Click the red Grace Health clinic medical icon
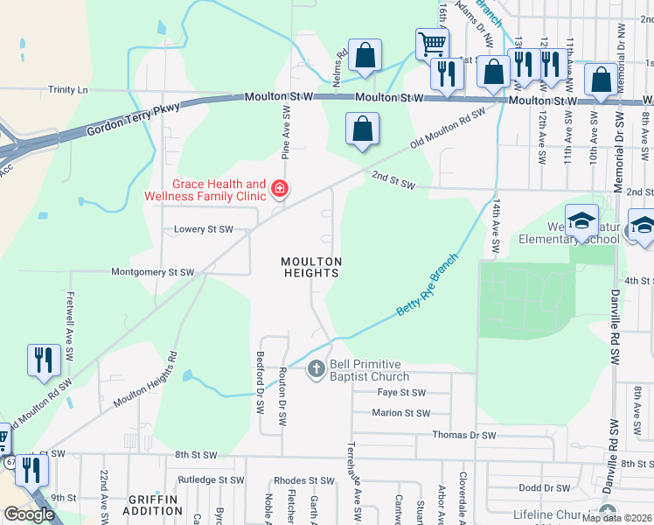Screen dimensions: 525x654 point(279,188)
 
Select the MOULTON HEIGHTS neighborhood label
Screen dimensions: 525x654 point(310,267)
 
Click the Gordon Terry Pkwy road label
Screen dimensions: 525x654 point(133,120)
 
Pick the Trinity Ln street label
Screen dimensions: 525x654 point(68,89)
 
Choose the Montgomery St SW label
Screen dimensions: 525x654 point(152,272)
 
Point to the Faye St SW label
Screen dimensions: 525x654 point(400,393)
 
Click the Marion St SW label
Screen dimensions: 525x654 point(400,413)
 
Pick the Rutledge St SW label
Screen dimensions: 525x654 point(211,480)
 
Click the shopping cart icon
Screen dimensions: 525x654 point(432,44)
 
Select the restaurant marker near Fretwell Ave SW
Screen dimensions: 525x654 point(42,360)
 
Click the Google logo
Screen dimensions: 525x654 point(29,514)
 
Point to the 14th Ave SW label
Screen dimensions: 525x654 point(495,227)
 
